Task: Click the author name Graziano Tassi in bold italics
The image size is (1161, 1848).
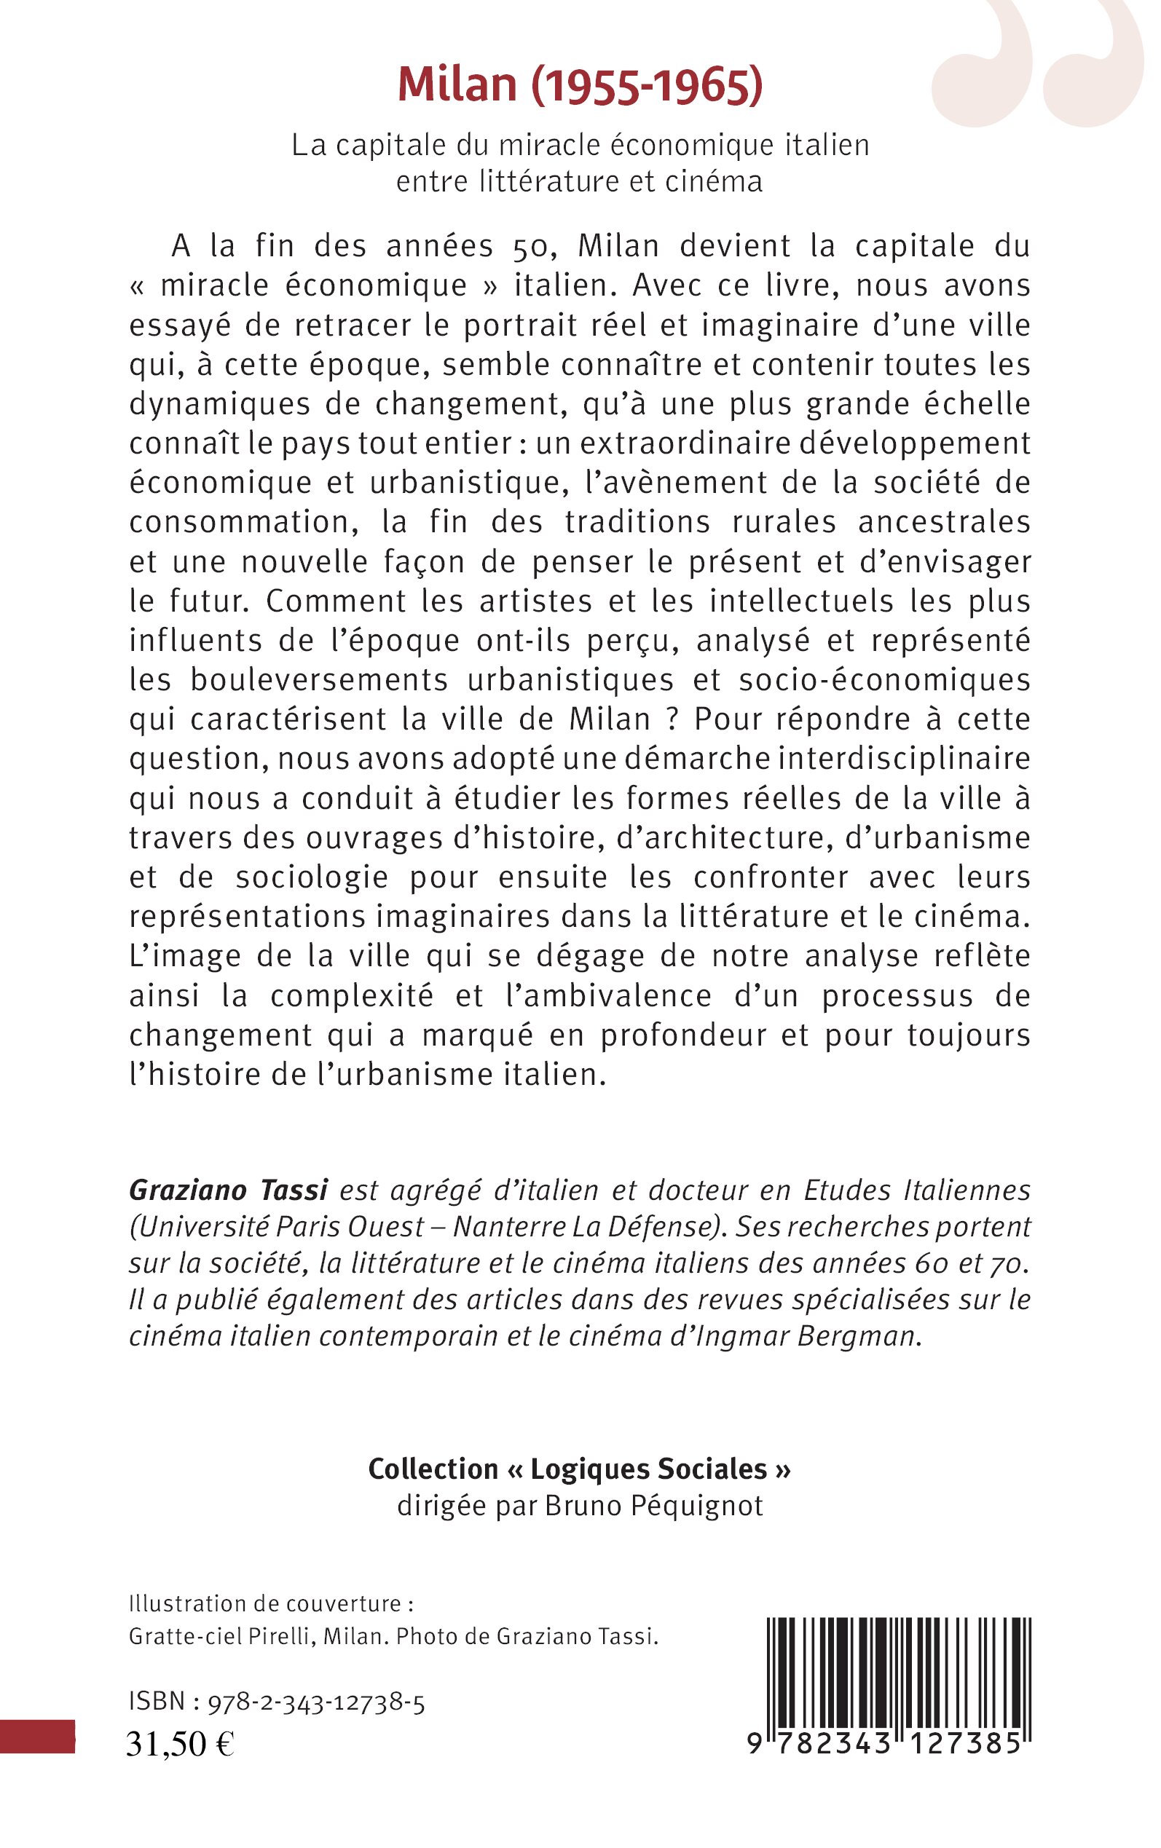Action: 228,1190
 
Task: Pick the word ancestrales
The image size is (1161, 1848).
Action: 945,522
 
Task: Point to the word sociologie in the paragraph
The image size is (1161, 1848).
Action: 312,877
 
